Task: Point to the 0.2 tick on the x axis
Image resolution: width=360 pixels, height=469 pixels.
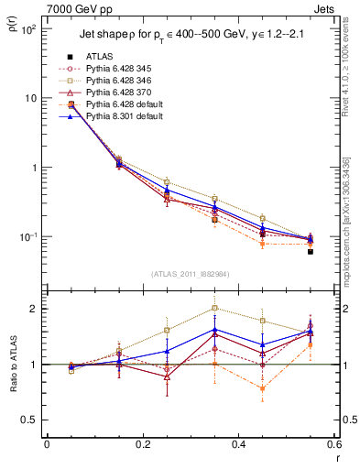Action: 142,445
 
